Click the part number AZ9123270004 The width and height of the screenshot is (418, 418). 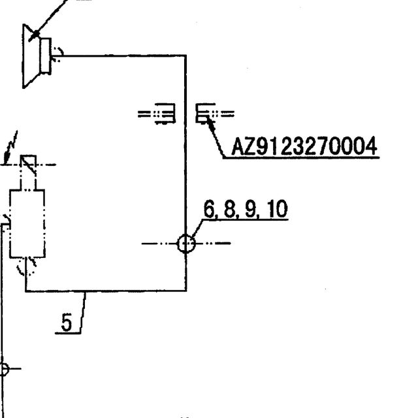click(x=304, y=146)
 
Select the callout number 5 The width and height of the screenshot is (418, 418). click(x=67, y=322)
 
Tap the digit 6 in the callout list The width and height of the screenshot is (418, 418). click(x=209, y=209)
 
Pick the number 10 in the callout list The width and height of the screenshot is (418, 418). click(x=278, y=209)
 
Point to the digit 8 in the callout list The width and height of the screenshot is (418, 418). click(x=229, y=209)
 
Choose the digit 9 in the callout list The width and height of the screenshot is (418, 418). click(x=250, y=209)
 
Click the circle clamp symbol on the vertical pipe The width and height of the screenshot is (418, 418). click(x=186, y=244)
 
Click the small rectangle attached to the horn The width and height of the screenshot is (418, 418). click(x=46, y=56)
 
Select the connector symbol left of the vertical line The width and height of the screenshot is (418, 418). click(x=157, y=114)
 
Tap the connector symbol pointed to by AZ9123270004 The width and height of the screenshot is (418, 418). click(x=215, y=113)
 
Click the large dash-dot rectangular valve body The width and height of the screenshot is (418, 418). click(x=27, y=223)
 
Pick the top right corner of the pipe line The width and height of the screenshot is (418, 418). click(x=185, y=56)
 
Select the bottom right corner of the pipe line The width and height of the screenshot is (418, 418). click(x=185, y=291)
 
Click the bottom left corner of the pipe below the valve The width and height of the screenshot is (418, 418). click(x=26, y=291)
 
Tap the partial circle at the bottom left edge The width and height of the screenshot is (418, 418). click(x=5, y=369)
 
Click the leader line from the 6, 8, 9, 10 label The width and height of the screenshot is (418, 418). click(x=197, y=228)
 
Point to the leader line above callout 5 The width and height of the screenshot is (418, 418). click(x=83, y=312)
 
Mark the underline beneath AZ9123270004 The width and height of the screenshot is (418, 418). click(x=301, y=158)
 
